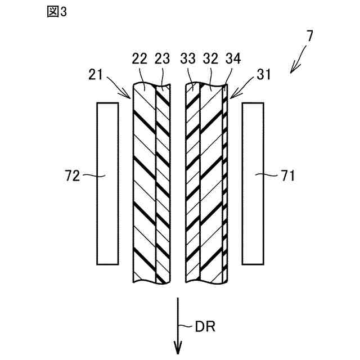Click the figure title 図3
pyautogui.click(x=56, y=12)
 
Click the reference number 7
pyautogui.click(x=309, y=37)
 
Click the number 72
pyautogui.click(x=72, y=176)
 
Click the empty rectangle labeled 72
pyautogui.click(x=107, y=183)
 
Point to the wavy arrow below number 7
pyautogui.click(x=298, y=61)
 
